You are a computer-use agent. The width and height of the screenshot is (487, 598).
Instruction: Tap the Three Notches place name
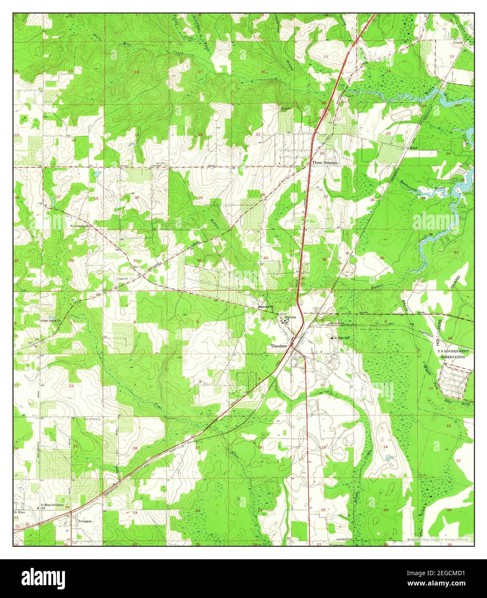(x=325, y=163)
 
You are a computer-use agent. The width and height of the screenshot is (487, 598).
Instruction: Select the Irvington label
(x=85, y=521)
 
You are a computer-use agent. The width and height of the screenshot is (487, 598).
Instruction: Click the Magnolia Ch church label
(x=264, y=307)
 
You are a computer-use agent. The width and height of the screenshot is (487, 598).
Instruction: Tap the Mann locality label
(x=414, y=148)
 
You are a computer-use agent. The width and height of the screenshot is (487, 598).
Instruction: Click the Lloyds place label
(x=457, y=43)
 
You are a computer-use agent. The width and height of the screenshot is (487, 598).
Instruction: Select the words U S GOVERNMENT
(x=453, y=351)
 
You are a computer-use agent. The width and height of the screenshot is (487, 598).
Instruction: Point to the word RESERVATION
(x=453, y=357)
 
